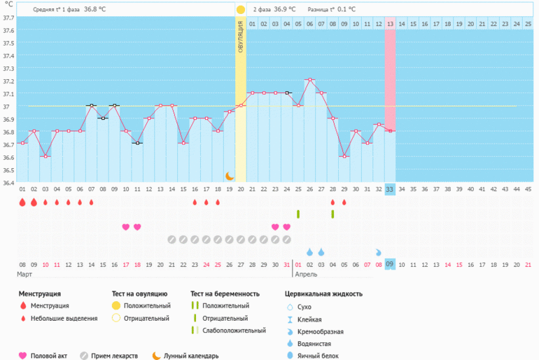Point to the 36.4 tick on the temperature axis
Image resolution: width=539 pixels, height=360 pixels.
pos(8,184)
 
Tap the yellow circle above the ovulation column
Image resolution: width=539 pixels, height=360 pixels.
pos(241,10)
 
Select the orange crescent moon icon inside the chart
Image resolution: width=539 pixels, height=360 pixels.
pos(229,176)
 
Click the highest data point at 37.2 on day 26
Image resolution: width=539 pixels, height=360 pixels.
pos(309,80)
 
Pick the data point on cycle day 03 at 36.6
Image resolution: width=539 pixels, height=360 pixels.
pos(45,156)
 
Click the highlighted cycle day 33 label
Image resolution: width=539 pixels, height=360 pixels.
pos(390,189)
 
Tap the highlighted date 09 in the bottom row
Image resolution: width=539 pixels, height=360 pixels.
pos(390,265)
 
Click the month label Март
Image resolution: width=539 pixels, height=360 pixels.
pos(25,275)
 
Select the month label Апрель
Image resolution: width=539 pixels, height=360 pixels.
pos(307,275)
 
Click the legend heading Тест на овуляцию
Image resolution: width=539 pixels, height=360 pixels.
pos(139,293)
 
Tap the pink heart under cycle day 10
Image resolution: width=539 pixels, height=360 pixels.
pos(126,227)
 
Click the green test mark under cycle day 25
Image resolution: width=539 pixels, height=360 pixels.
pos(298,214)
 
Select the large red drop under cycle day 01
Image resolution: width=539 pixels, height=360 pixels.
pos(22,202)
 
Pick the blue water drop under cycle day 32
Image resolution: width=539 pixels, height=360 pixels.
pos(379,252)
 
